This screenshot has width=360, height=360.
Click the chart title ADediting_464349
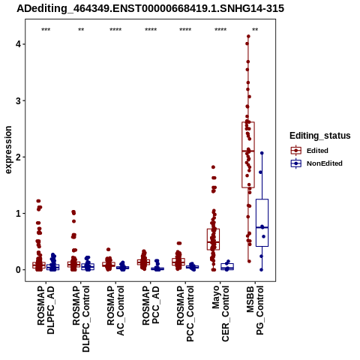[x=150, y=9]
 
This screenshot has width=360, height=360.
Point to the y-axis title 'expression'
[x=8, y=150]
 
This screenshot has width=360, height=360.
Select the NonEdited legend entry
[x=316, y=163]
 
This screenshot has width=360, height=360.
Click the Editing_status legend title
[x=320, y=136]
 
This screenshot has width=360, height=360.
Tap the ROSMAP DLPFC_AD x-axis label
[x=46, y=310]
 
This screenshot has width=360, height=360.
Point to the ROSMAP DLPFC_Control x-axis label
[x=81, y=319]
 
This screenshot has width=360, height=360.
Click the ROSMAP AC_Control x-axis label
[x=115, y=310]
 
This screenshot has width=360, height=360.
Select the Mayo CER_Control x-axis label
[x=220, y=313]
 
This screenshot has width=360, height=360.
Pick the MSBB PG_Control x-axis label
[x=255, y=310]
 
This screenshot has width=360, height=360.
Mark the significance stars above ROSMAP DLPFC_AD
[x=46, y=30]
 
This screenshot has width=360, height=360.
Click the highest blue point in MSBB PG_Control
[x=262, y=153]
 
